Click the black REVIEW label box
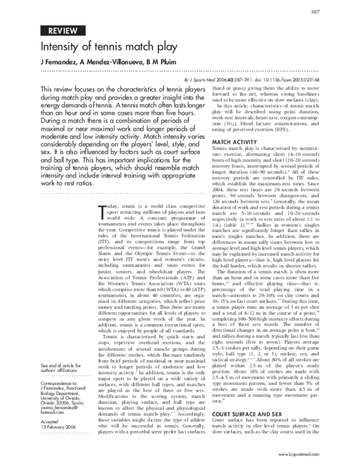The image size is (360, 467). point(62,30)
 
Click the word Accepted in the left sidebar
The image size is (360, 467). point(50,421)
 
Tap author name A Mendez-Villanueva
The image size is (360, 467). point(110,63)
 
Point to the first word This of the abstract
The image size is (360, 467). point(49,89)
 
